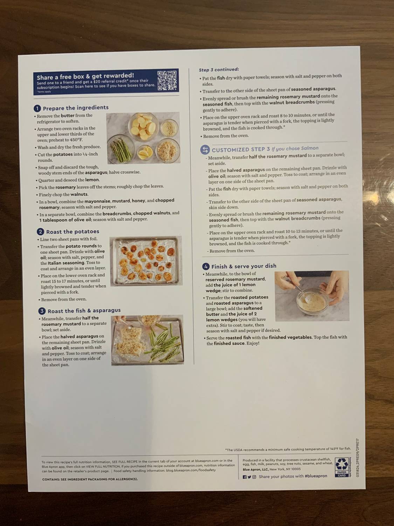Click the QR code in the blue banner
[x=167, y=80]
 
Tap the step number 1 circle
[x=37, y=108]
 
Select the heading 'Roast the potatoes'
[x=72, y=231]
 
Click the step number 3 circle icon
[x=42, y=311]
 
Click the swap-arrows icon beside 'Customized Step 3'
[x=205, y=150]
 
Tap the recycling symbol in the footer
[x=341, y=465]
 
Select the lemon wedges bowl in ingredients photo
[x=145, y=152]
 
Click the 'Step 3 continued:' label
[x=219, y=69]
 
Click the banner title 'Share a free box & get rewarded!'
[x=85, y=76]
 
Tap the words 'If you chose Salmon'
[x=295, y=148]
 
